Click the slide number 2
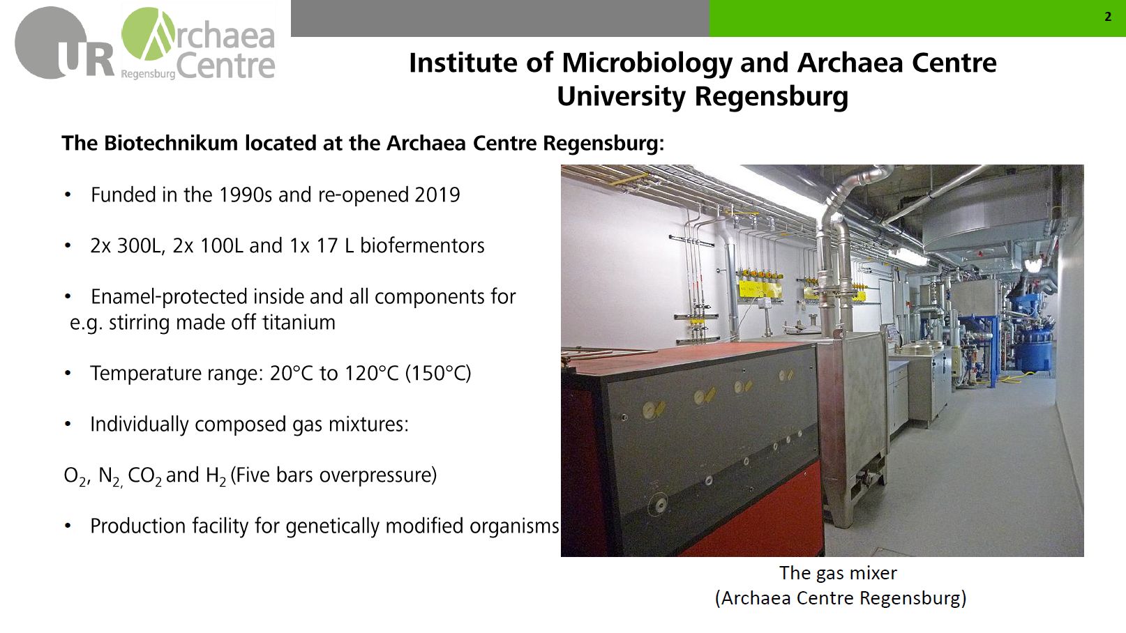[x=1108, y=17]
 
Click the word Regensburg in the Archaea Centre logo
[x=149, y=75]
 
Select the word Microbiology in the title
[x=647, y=64]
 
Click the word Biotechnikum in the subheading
[x=171, y=143]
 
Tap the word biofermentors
[x=422, y=245]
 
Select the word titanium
[x=299, y=323]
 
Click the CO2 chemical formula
[x=145, y=476]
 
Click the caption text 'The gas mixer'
[x=838, y=573]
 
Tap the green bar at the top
[x=917, y=18]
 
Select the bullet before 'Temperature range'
[x=68, y=373]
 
